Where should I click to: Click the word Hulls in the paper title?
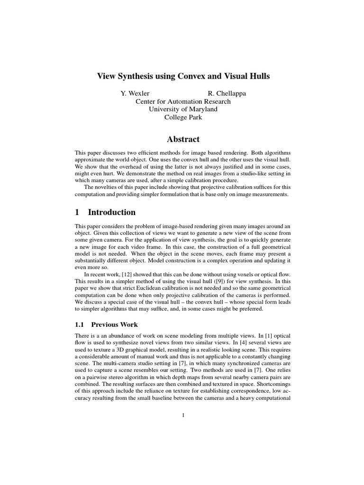point(257,76)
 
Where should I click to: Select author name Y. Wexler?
point(135,93)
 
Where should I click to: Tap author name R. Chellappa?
point(227,93)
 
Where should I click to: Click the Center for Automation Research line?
point(183,101)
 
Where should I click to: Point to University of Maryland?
point(183,109)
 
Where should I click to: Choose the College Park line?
point(183,117)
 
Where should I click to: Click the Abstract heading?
point(183,139)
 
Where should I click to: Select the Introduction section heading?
point(113,212)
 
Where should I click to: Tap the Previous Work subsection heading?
point(114,324)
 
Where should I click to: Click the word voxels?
point(234,274)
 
